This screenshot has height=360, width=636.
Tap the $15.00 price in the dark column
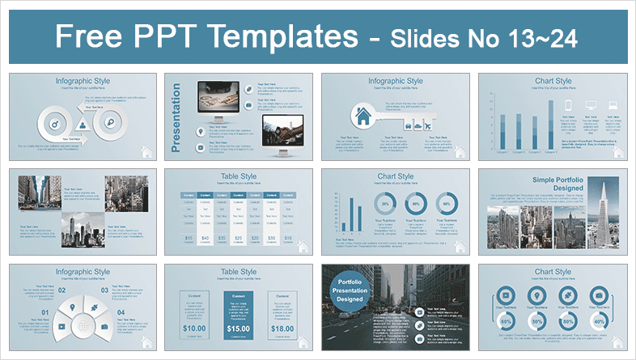(x=237, y=328)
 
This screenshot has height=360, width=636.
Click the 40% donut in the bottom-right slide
(x=598, y=325)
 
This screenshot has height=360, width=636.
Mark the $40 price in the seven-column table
(x=207, y=238)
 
